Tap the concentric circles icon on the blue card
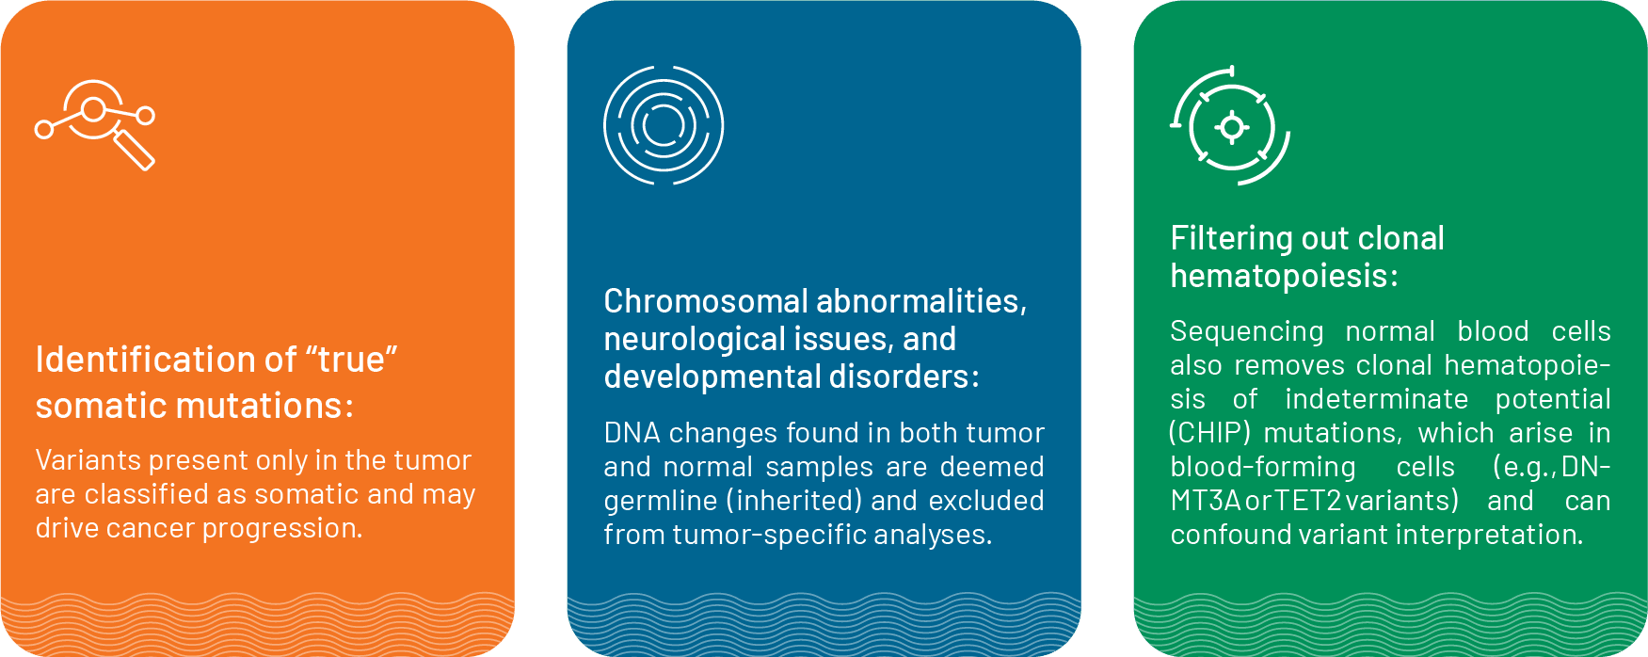click(x=664, y=125)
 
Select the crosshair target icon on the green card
click(x=1231, y=126)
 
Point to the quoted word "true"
click(x=351, y=360)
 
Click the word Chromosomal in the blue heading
click(x=706, y=301)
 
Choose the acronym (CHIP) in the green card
click(x=1209, y=433)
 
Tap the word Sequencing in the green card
click(x=1247, y=332)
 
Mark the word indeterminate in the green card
click(x=1376, y=399)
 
